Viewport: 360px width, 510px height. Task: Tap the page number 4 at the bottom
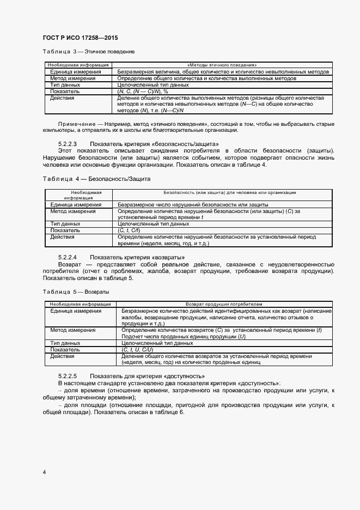pyautogui.click(x=44, y=471)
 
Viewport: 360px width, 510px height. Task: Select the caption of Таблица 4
pyautogui.click(x=96, y=179)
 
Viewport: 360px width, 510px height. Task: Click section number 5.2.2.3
pyautogui.click(x=68, y=144)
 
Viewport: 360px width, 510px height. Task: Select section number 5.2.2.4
pyautogui.click(x=68, y=257)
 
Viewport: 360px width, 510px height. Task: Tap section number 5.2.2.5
pyautogui.click(x=68, y=376)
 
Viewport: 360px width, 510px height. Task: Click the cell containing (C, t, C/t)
pyautogui.click(x=129, y=230)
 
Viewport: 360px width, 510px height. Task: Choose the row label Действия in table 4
pyautogui.click(x=62, y=237)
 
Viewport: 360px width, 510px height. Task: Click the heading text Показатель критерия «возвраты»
pyautogui.click(x=141, y=257)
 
